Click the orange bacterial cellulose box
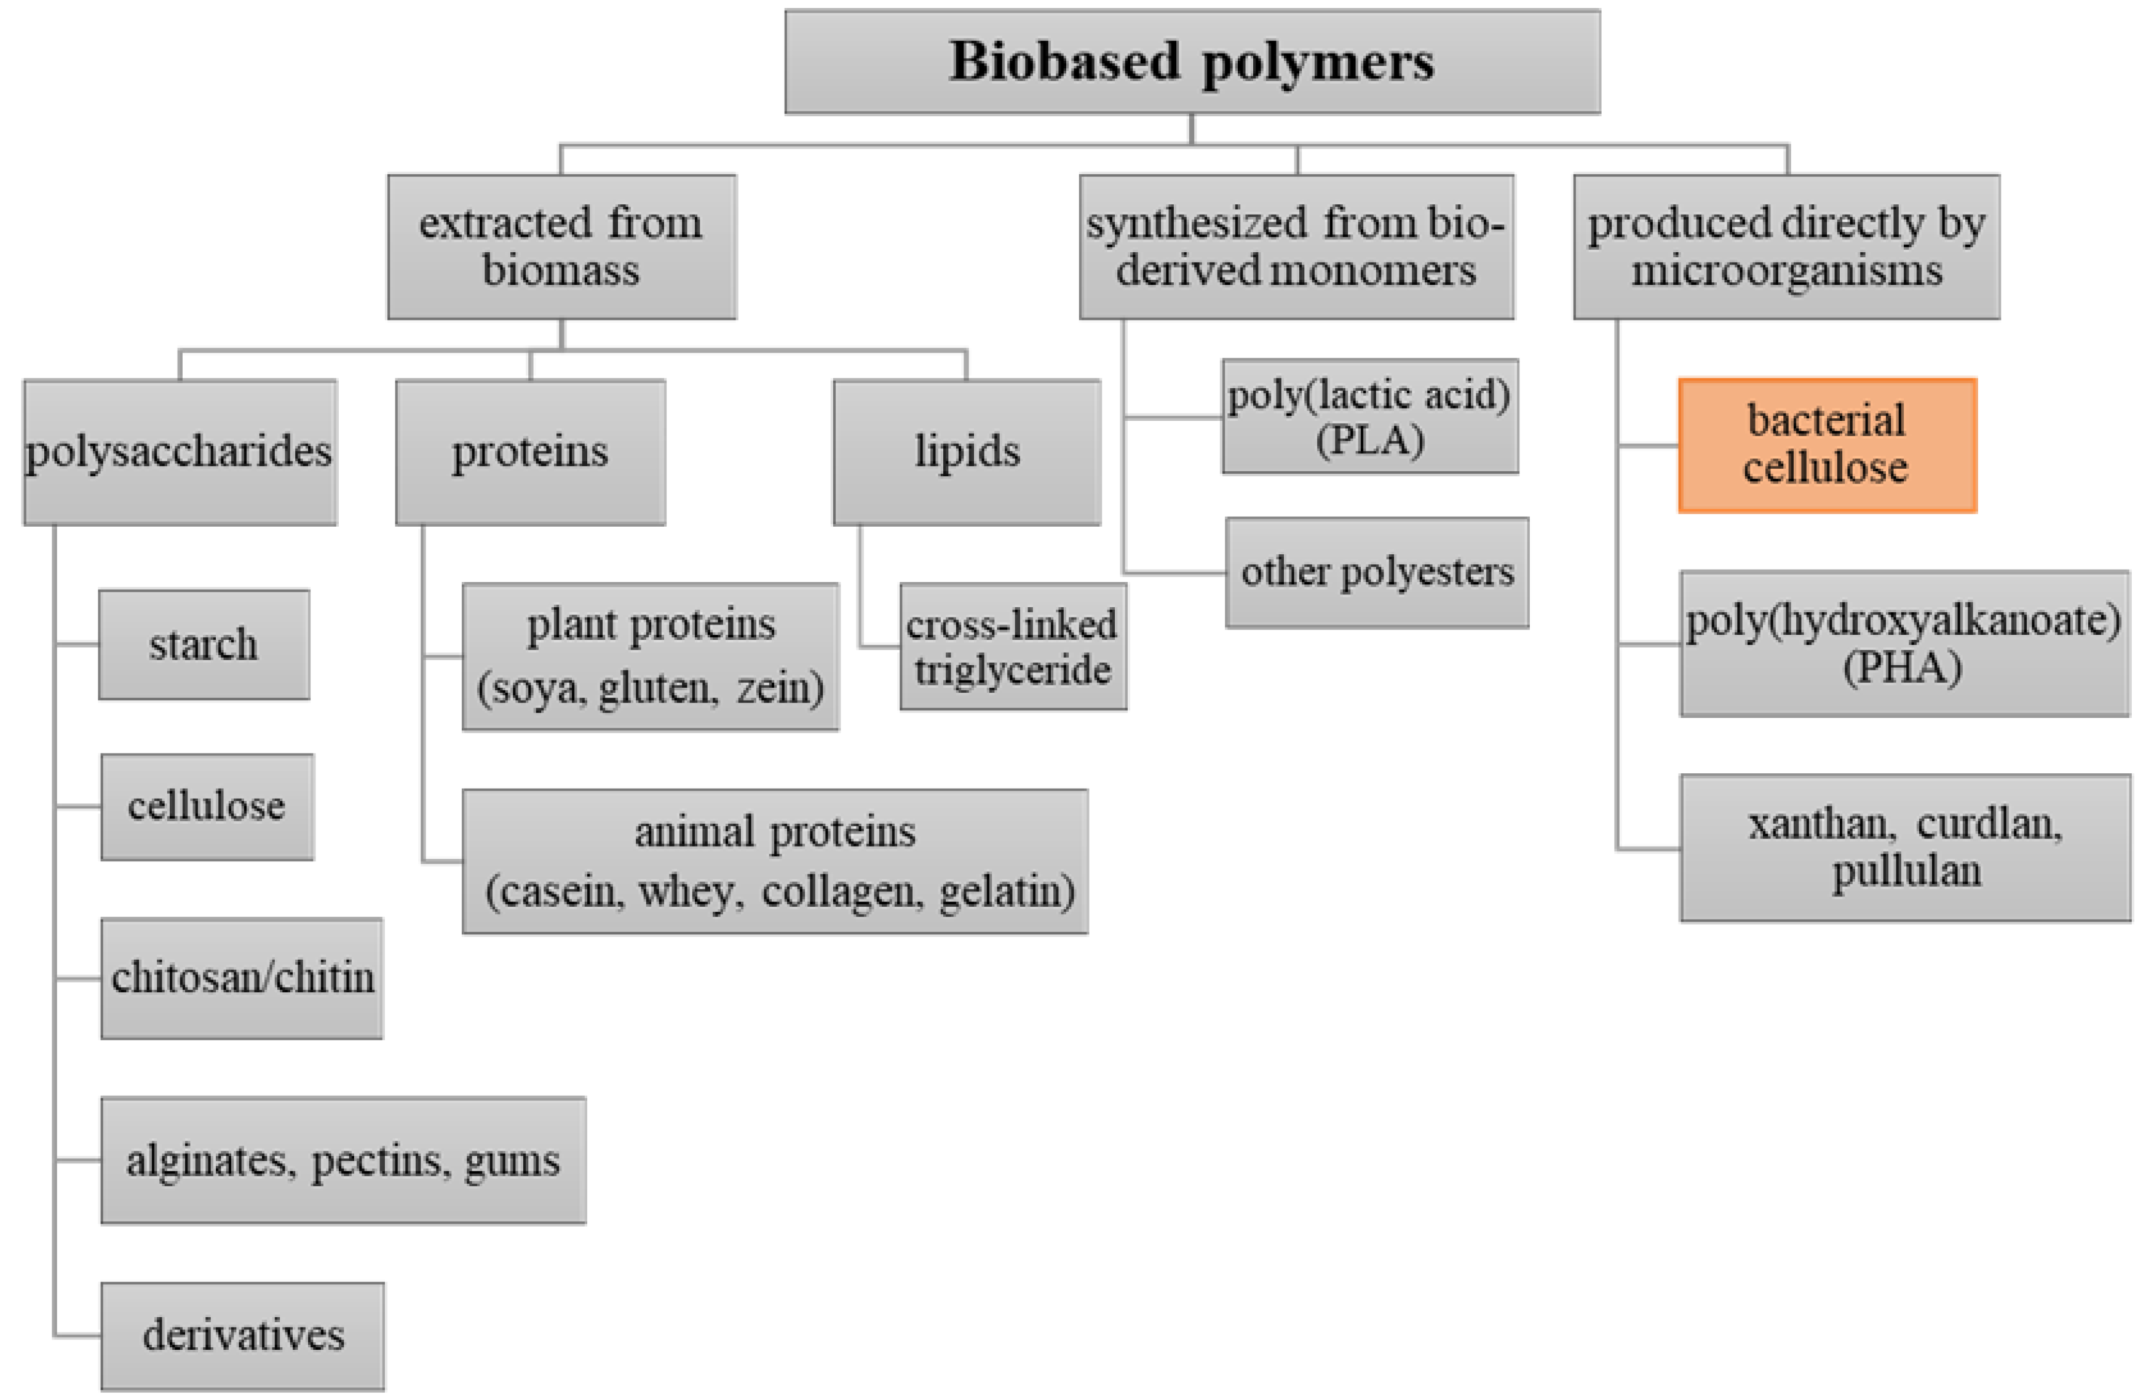click(1827, 445)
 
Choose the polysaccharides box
click(180, 451)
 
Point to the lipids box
click(967, 451)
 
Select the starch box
click(204, 644)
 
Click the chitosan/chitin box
click(242, 978)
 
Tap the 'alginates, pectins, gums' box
click(342, 1160)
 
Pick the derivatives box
click(242, 1335)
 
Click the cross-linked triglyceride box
click(1013, 646)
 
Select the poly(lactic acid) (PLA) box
click(1369, 416)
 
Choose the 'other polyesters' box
click(1377, 572)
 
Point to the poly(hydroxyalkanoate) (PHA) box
click(1904, 643)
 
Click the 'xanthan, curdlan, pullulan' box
click(1904, 847)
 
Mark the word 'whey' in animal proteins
click(691, 892)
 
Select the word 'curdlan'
click(1988, 824)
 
